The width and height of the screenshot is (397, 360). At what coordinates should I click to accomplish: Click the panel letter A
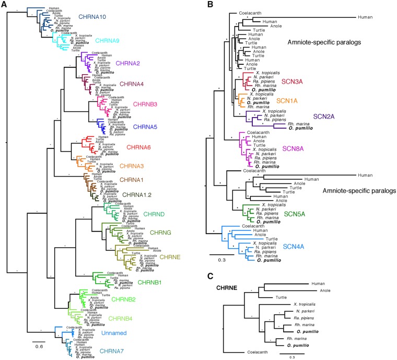pos(4,5)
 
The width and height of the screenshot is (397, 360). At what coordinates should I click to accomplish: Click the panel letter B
pos(209,5)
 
